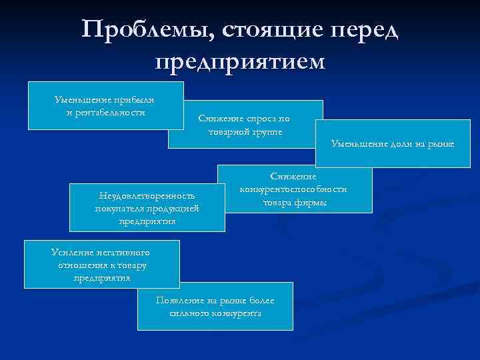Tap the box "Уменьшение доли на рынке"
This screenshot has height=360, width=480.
tap(392, 144)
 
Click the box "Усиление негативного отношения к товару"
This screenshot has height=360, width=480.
tap(101, 264)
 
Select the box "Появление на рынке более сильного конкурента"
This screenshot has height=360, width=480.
tap(215, 307)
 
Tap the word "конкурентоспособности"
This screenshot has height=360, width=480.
tap(293, 189)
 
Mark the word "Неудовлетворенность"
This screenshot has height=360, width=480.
tap(147, 196)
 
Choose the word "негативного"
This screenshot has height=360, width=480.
tap(121, 252)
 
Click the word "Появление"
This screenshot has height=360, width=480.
tap(179, 300)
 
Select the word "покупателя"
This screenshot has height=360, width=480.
tap(120, 208)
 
